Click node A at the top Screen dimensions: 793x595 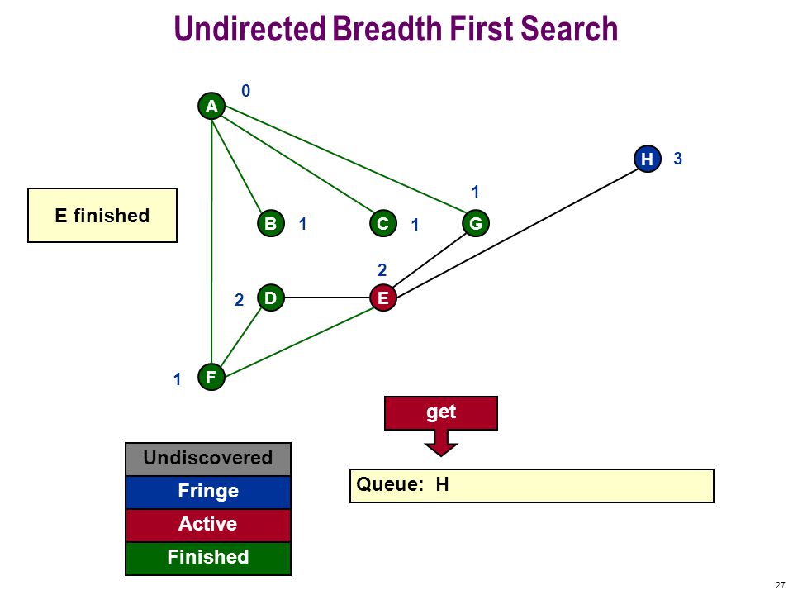point(211,107)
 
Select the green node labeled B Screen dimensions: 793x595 point(271,223)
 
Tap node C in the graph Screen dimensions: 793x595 point(382,223)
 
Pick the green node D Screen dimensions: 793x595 point(271,297)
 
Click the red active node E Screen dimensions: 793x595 point(382,297)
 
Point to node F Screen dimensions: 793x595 point(211,377)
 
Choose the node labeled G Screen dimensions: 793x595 point(476,223)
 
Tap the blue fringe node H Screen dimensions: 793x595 point(648,159)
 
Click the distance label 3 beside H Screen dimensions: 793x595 point(677,159)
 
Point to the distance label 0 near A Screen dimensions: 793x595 point(246,91)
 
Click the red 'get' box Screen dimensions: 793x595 point(441,413)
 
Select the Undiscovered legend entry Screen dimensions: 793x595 point(208,459)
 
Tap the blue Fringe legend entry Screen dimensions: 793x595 point(208,492)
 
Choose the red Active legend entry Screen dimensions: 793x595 point(208,525)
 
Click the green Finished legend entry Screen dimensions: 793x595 point(208,558)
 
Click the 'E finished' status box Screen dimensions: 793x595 point(102,216)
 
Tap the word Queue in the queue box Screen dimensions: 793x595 point(390,485)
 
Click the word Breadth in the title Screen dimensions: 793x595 point(387,28)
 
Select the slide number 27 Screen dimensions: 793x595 point(780,585)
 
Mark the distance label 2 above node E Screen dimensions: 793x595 point(382,270)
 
